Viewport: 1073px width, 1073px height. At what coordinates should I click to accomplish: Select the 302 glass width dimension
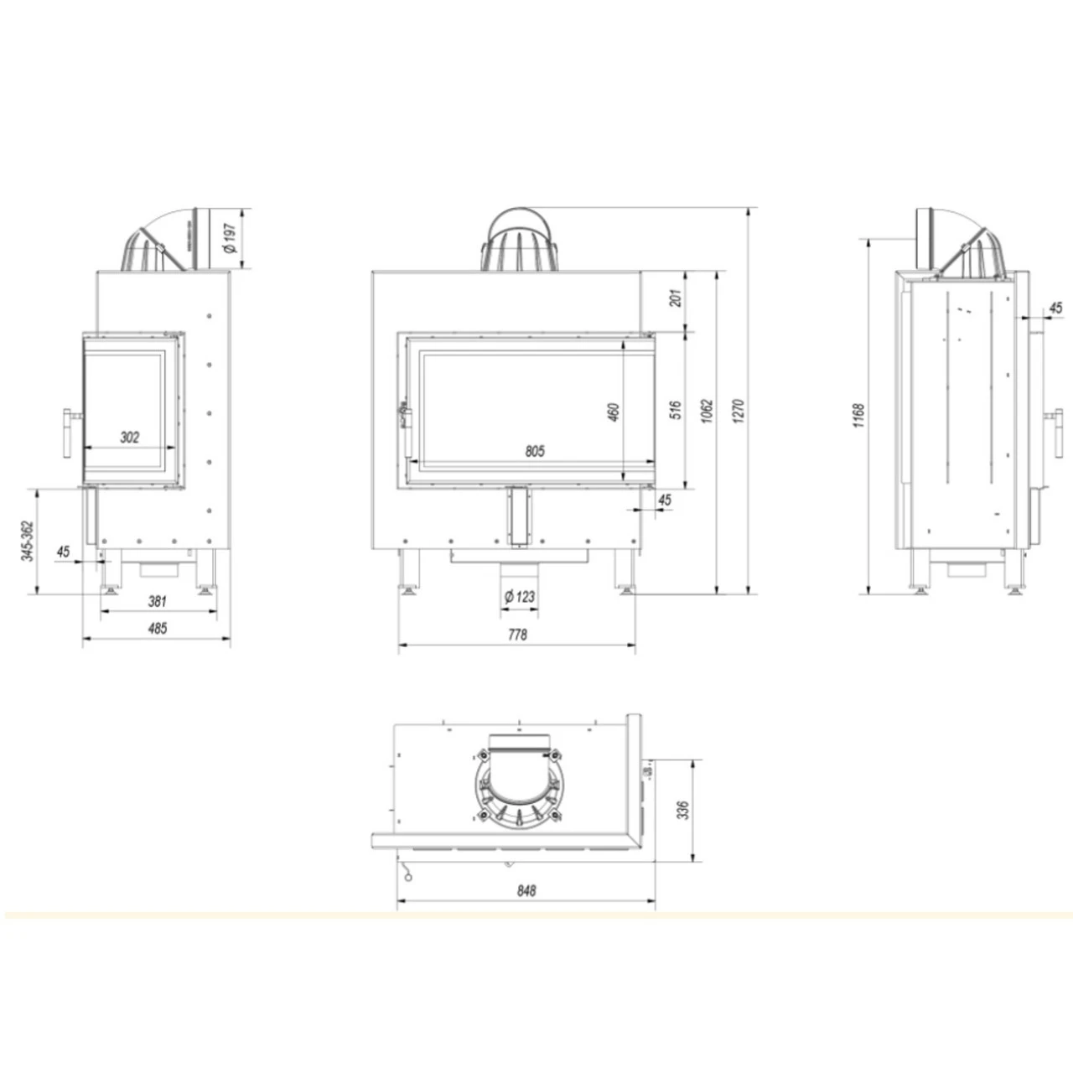click(130, 437)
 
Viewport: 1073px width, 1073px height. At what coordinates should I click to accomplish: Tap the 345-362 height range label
click(28, 541)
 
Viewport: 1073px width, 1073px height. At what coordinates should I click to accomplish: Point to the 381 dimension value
click(158, 600)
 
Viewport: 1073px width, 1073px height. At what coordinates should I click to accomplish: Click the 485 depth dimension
click(157, 628)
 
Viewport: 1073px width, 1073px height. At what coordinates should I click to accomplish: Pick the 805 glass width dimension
click(535, 451)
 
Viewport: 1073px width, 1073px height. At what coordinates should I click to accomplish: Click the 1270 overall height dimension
click(738, 411)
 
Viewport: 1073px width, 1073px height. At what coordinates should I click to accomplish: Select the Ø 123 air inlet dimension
click(520, 597)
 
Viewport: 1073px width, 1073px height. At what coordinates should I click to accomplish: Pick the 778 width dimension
click(517, 635)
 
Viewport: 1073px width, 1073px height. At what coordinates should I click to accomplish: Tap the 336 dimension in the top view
click(683, 811)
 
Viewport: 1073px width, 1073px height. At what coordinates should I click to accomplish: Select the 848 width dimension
click(526, 891)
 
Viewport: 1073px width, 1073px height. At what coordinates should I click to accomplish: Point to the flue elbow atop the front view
click(520, 239)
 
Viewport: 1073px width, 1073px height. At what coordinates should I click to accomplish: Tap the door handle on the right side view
click(1050, 417)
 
